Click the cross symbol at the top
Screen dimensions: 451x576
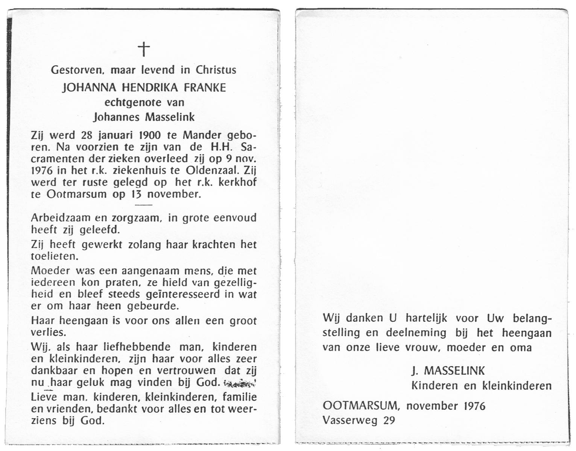point(144,49)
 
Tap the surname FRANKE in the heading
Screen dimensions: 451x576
point(205,88)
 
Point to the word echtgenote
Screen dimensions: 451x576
point(128,103)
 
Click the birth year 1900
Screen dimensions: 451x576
point(150,135)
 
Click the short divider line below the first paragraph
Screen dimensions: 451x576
point(143,205)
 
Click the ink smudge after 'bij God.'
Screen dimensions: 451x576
point(240,383)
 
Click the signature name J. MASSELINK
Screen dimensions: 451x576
point(448,371)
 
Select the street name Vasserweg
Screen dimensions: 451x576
point(350,420)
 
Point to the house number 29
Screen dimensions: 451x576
point(389,420)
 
